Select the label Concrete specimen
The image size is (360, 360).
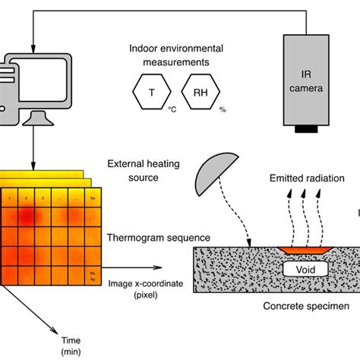coord(302,306)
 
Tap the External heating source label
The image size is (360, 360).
coord(143,169)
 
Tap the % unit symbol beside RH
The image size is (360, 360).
coord(223,110)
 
